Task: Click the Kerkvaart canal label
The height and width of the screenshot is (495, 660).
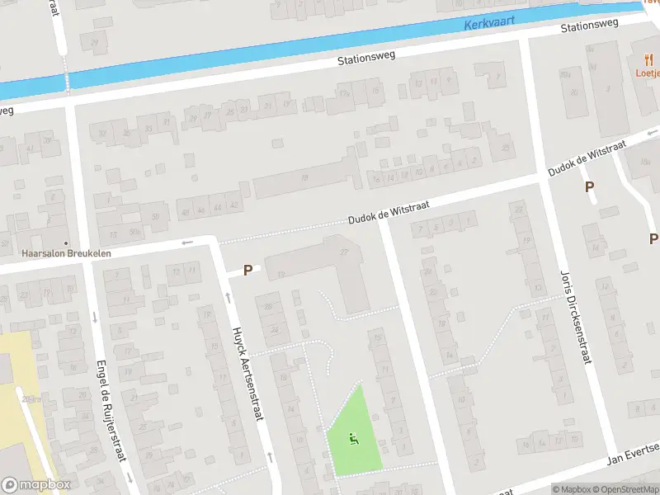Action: pos(488,25)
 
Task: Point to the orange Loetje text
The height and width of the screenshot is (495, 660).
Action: pos(648,72)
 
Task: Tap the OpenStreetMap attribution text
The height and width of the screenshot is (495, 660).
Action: pos(625,488)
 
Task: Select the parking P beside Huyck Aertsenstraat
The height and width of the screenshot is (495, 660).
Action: pos(247,270)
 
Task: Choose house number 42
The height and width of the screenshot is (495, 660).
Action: pos(235,204)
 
